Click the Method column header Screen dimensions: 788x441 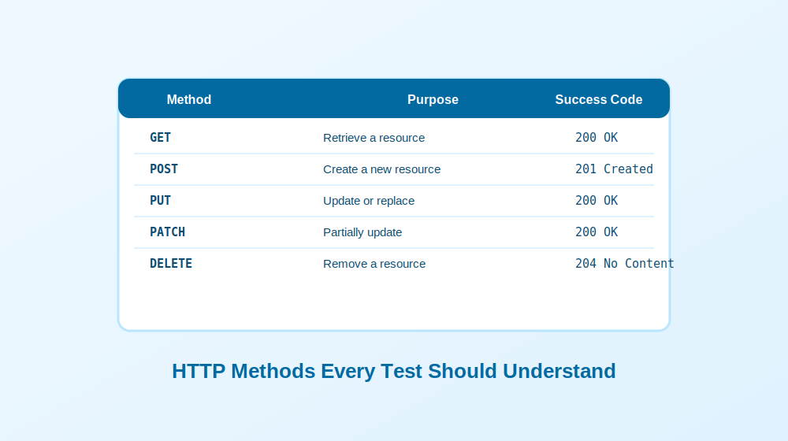tap(189, 99)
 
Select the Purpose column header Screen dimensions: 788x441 tap(433, 99)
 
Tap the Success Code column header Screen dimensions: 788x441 tap(599, 99)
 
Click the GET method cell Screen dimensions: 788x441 tap(160, 138)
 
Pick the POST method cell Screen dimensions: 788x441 tap(164, 169)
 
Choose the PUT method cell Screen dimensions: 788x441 tap(160, 201)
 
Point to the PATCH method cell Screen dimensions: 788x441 tap(167, 232)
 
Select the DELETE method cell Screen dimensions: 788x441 tap(171, 264)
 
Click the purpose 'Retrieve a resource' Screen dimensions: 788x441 tap(374, 138)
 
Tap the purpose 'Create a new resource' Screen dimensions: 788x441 tap(382, 169)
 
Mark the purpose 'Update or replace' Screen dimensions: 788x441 tap(369, 201)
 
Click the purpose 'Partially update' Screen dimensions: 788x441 tap(362, 232)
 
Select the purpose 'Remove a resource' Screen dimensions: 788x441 tap(374, 264)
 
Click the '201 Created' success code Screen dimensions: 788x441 tap(614, 169)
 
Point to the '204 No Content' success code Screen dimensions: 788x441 tap(625, 264)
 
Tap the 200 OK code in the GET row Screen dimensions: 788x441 tap(597, 138)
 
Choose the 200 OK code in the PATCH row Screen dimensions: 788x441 tap(597, 232)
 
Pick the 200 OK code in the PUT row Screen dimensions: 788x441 tap(597, 201)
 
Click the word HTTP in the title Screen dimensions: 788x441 tap(199, 371)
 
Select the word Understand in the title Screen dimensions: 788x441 tap(559, 371)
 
